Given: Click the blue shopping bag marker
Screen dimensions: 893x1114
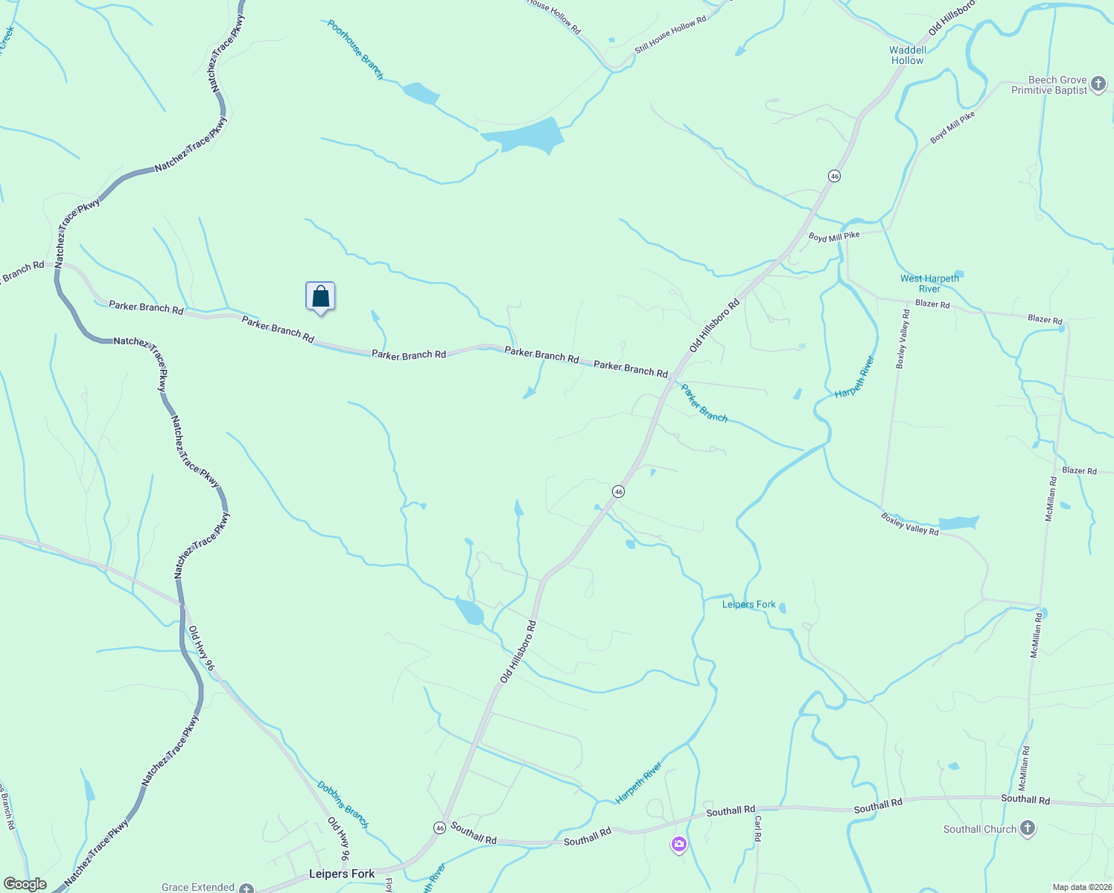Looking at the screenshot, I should [320, 297].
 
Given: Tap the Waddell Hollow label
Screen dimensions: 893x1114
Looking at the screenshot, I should [908, 56].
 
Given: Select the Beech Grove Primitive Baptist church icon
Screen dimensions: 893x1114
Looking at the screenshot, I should [1099, 86].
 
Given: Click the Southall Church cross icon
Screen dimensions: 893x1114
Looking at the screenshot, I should [1027, 829].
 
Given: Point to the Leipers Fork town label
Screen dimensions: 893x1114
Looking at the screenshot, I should [342, 874].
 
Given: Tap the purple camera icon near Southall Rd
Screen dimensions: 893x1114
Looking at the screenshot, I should [678, 844].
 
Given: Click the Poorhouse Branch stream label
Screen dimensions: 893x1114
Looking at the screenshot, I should [355, 50].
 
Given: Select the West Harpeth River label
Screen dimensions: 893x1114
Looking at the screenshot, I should [929, 284].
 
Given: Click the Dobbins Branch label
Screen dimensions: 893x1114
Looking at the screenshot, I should [343, 804].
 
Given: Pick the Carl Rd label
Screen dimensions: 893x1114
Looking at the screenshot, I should [758, 828].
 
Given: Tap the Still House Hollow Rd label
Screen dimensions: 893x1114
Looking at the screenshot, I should [670, 36].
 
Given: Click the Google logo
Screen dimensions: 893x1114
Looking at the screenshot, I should [25, 884].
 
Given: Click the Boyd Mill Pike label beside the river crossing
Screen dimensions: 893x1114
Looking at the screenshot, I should [834, 237].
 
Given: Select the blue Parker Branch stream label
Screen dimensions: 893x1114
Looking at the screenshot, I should [704, 403].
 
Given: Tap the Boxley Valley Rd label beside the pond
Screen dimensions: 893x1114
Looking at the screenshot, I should [909, 524].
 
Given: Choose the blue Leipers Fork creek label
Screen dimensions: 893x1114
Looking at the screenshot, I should [748, 604].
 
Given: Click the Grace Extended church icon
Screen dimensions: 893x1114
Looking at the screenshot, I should [246, 889].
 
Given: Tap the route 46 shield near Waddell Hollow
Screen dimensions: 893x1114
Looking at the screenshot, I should [834, 176].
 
